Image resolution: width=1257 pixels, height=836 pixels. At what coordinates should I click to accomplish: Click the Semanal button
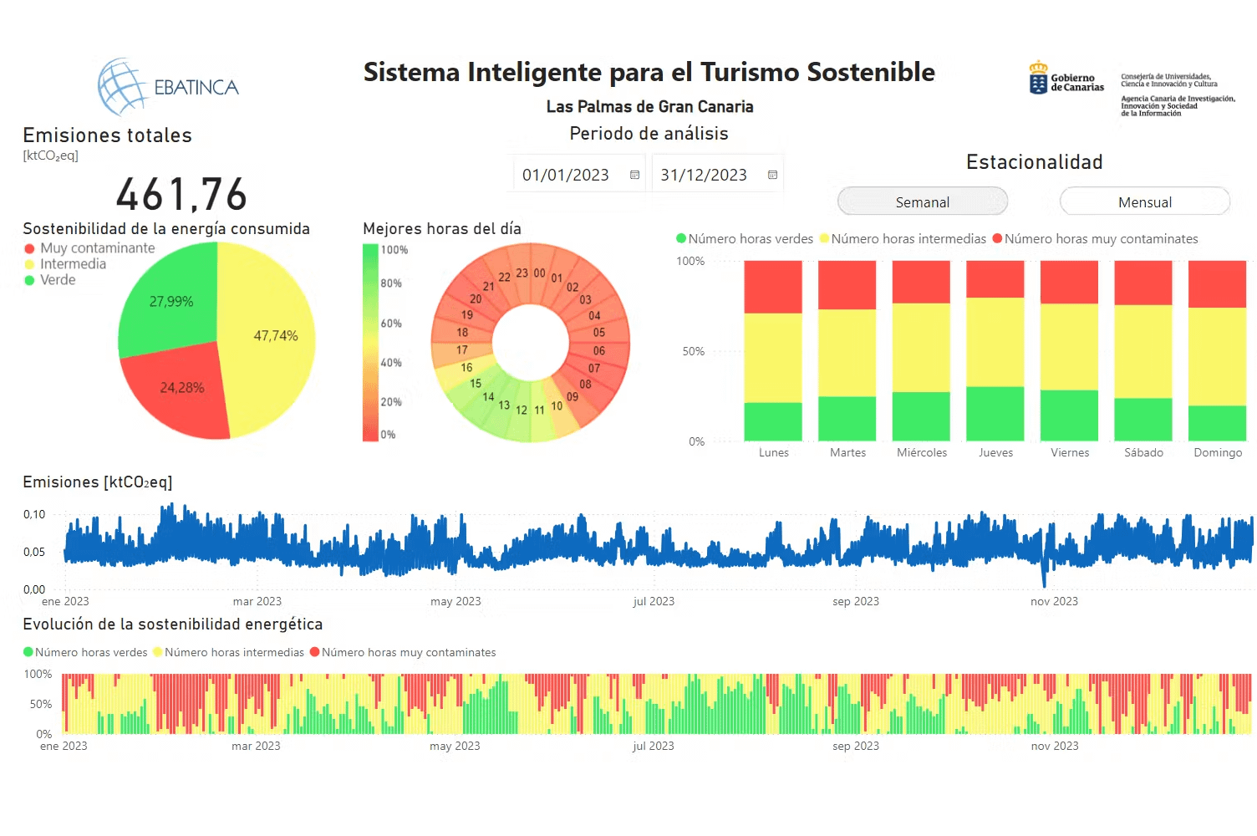[923, 202]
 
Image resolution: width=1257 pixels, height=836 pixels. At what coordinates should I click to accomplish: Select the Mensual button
[1145, 202]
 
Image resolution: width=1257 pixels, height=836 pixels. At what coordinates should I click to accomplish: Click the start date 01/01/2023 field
[566, 176]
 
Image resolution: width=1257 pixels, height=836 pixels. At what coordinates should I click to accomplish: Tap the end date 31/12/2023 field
[704, 176]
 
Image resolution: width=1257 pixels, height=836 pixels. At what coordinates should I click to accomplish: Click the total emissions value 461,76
[182, 195]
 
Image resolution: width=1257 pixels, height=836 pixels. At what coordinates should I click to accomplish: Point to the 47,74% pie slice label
[276, 336]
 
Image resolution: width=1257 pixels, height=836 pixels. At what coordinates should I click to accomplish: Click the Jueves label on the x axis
[995, 453]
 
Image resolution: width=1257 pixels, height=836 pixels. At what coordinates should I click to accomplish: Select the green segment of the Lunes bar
[773, 421]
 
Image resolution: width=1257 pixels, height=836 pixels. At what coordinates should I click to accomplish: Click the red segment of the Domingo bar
[1217, 284]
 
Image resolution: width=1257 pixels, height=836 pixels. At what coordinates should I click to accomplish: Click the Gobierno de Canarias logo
[1066, 79]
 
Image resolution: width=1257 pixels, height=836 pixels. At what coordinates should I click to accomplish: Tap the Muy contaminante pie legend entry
[97, 248]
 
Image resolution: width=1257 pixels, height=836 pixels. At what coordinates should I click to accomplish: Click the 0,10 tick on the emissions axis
[34, 515]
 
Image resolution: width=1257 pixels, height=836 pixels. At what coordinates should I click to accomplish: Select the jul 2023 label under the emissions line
[654, 602]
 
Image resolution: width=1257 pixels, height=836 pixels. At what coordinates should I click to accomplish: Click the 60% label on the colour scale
[391, 324]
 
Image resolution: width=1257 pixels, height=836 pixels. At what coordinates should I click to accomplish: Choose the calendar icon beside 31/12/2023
[772, 176]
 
